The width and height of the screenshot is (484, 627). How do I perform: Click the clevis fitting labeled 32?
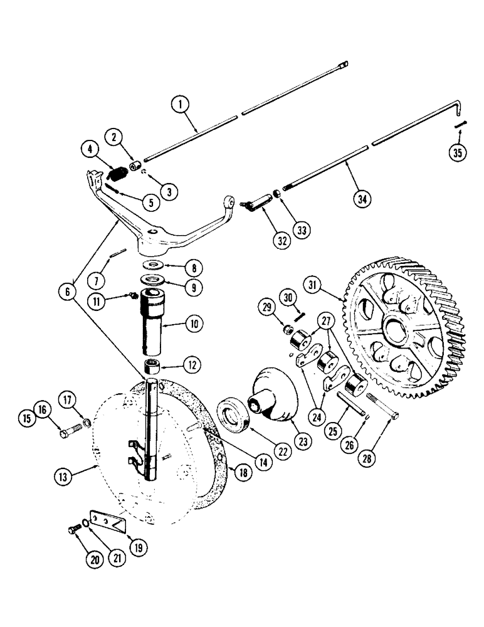tap(258, 206)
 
